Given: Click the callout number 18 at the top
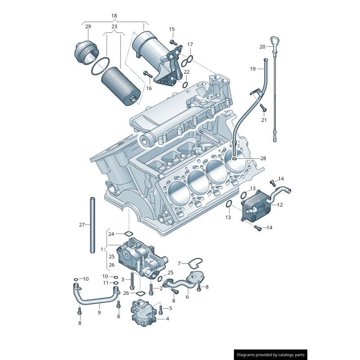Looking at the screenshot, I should [x=114, y=16].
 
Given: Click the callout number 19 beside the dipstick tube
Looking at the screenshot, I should [x=253, y=69].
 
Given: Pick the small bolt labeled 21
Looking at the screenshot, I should [x=263, y=108].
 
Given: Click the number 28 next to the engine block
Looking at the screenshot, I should [x=263, y=158].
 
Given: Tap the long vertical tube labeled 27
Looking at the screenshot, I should [x=92, y=225].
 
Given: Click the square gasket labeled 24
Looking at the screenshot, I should [x=128, y=234].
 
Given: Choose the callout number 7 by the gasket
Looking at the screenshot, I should [x=179, y=263].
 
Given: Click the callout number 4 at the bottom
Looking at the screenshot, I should [x=167, y=319].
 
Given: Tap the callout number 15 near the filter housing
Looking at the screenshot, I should [x=172, y=29].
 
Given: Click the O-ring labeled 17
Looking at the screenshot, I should [x=189, y=59].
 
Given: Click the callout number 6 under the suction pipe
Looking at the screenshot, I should [x=187, y=297].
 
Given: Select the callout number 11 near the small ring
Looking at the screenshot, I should [x=105, y=283].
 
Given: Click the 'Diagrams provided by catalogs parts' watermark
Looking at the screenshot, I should [x=270, y=355].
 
